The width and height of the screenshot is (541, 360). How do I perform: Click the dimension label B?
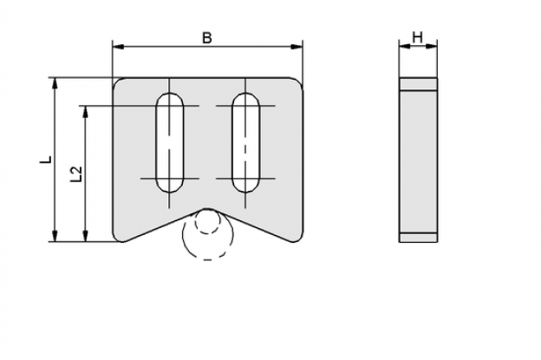point(207,38)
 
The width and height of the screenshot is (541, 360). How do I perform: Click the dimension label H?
point(418,37)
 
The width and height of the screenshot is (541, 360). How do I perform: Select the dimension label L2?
point(76,174)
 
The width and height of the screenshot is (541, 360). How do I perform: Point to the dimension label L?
point(46,160)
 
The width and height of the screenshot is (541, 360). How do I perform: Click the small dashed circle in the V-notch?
point(207,221)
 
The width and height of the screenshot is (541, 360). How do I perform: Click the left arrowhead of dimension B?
point(118,47)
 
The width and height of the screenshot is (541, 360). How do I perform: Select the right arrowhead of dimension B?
point(297,47)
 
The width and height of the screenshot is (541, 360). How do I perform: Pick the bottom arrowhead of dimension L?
point(55,236)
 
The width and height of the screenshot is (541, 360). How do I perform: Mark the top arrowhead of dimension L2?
point(85,112)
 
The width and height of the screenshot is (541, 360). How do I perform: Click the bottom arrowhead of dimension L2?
point(85,236)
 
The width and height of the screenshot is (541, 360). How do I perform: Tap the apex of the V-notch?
point(207,208)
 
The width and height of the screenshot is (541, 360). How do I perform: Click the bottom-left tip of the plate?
point(121,241)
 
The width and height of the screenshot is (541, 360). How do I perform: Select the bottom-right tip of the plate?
point(295,241)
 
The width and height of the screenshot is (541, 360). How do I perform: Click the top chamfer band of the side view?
point(419,84)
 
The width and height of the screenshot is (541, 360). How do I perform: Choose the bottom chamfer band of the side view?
point(419,237)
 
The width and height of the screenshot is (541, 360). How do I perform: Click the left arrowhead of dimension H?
point(405,46)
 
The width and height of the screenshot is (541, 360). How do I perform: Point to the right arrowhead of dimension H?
point(432,46)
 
